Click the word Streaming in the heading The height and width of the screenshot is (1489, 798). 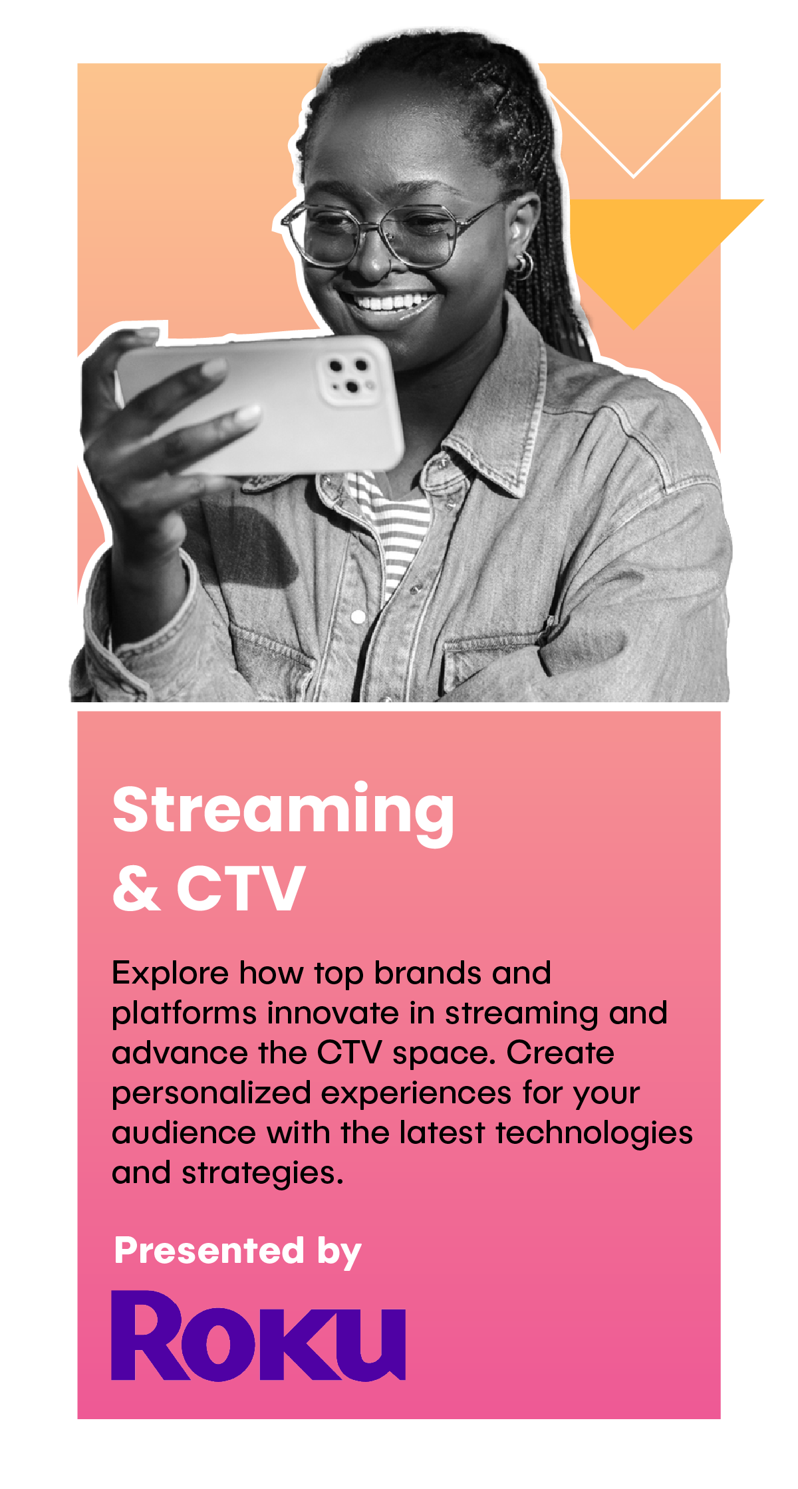tap(283, 813)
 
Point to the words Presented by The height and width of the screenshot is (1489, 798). tap(237, 1252)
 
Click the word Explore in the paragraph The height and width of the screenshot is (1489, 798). tap(170, 974)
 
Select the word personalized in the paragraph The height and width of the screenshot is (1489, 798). tap(211, 1094)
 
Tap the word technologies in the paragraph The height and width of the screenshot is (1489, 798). tap(595, 1134)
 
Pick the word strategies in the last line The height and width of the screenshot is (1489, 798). tap(263, 1174)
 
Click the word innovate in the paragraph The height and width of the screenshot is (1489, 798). tap(333, 1014)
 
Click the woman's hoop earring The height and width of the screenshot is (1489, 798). tap(523, 265)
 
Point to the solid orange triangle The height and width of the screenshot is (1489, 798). tap(655, 249)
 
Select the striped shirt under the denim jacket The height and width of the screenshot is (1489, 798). tap(392, 525)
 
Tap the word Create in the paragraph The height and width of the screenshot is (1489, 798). tap(561, 1053)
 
